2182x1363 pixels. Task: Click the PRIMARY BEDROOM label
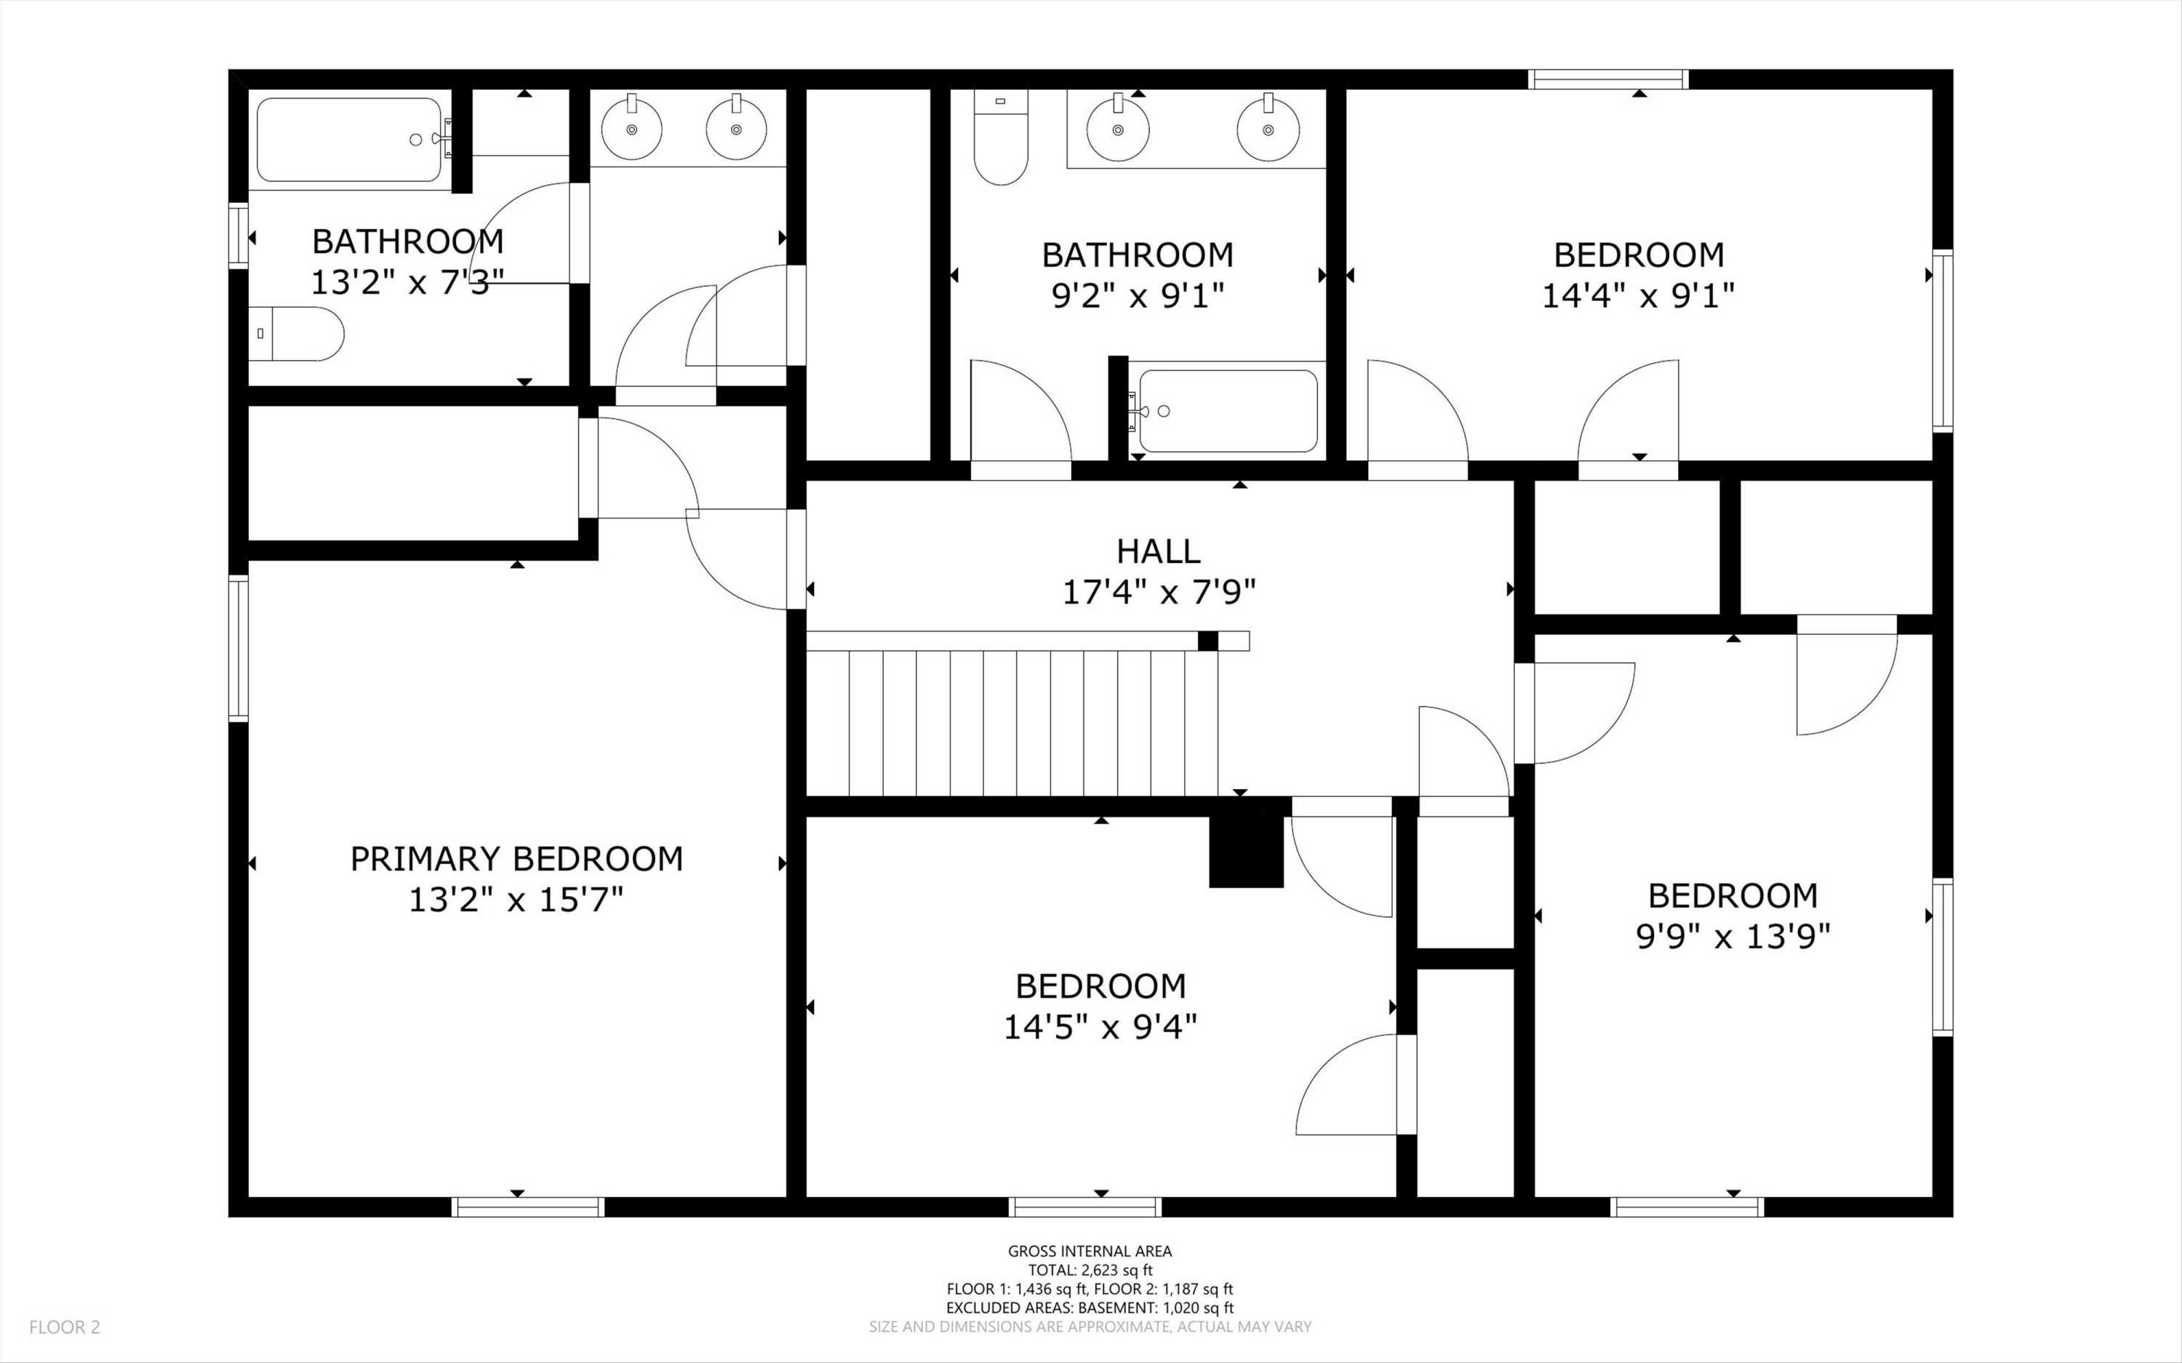click(x=516, y=859)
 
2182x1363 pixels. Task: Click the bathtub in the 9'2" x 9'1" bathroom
click(x=1228, y=411)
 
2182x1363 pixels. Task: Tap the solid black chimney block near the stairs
click(x=1246, y=852)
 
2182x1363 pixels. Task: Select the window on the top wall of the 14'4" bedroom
click(x=1608, y=80)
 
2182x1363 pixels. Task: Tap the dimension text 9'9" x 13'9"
click(x=1733, y=938)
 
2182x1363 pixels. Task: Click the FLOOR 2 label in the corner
click(x=65, y=1327)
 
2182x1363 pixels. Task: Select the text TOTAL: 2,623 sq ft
click(x=1090, y=1270)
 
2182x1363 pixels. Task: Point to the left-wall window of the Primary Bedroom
click(x=238, y=648)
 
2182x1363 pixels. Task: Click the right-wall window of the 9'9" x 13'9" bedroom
click(x=1942, y=956)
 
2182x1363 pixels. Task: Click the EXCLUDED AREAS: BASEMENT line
click(x=1090, y=1307)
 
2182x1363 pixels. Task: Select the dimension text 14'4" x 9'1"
click(x=1638, y=296)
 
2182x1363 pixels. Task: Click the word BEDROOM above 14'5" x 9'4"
click(x=1100, y=986)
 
